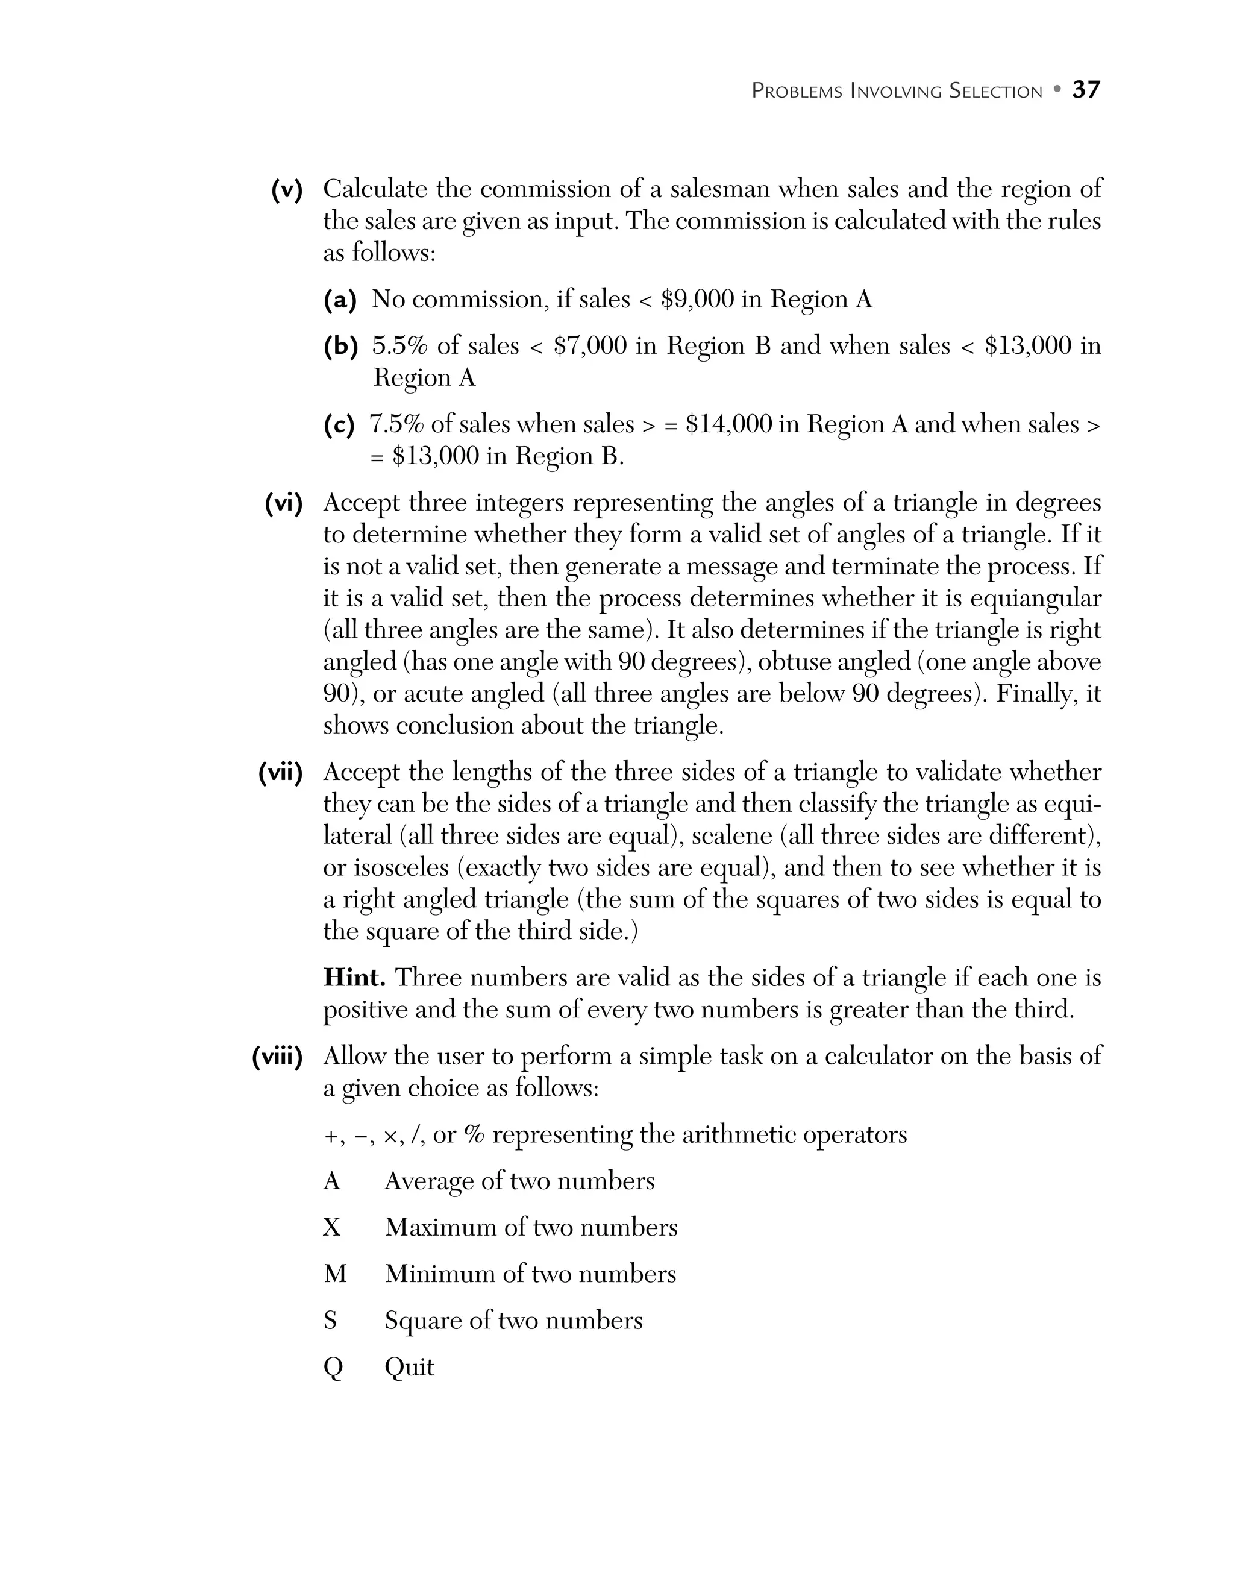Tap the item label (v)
287,190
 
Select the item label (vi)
283,503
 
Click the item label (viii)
277,1057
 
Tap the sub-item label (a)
340,300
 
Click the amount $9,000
697,300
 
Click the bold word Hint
354,978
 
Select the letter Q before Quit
333,1368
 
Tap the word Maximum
442,1227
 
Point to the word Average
431,1181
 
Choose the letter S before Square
330,1321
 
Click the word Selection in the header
996,92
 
